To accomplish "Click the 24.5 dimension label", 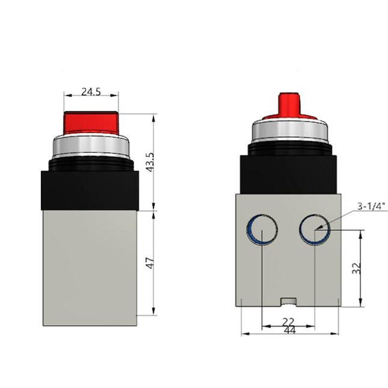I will (91, 93).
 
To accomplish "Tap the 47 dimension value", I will (150, 263).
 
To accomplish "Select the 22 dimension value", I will (289, 322).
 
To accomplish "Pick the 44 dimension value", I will (290, 330).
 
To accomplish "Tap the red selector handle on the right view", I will (289, 106).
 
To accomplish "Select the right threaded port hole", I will (315, 230).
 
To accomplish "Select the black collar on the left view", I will (90, 189).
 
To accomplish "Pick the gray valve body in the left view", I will (90, 265).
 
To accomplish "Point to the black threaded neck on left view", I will (91, 163).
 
